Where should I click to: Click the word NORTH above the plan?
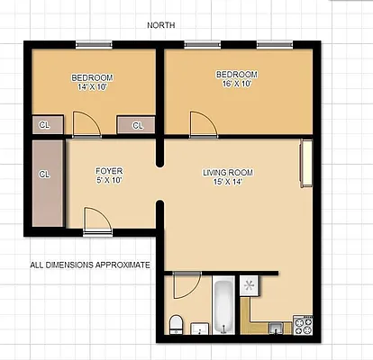162,25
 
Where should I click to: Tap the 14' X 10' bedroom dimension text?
92,88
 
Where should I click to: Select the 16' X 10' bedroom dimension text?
237,84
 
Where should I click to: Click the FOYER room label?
109,170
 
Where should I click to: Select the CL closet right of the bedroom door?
137,125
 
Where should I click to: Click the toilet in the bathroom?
177,322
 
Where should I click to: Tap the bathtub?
223,306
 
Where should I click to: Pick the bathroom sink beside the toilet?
203,327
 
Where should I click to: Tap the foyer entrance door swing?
96,219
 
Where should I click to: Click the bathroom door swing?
186,285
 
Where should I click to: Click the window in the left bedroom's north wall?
94,44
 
